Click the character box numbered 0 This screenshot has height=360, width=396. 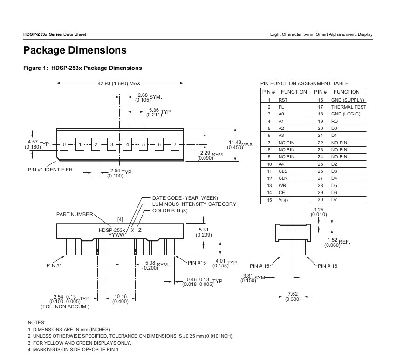(64, 144)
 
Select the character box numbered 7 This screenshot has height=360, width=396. (175, 144)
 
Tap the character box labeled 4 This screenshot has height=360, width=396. (127, 144)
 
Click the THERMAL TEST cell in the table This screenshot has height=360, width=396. (348, 107)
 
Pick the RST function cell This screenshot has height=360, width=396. (294, 100)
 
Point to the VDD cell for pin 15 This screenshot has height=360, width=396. (294, 200)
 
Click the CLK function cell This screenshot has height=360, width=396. (294, 178)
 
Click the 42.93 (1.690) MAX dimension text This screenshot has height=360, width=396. (119, 83)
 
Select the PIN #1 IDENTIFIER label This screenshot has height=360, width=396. (50, 170)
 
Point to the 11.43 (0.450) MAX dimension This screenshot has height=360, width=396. (240, 145)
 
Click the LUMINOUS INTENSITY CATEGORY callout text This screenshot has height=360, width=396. (194, 204)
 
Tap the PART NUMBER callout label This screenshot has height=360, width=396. (75, 214)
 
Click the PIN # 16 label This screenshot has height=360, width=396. (328, 266)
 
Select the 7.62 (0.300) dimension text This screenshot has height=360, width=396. (293, 297)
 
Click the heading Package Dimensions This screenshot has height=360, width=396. (75, 50)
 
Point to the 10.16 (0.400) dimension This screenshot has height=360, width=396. (121, 299)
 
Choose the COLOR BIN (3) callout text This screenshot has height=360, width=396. (170, 211)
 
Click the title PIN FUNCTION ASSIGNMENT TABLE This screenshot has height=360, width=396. (304, 83)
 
